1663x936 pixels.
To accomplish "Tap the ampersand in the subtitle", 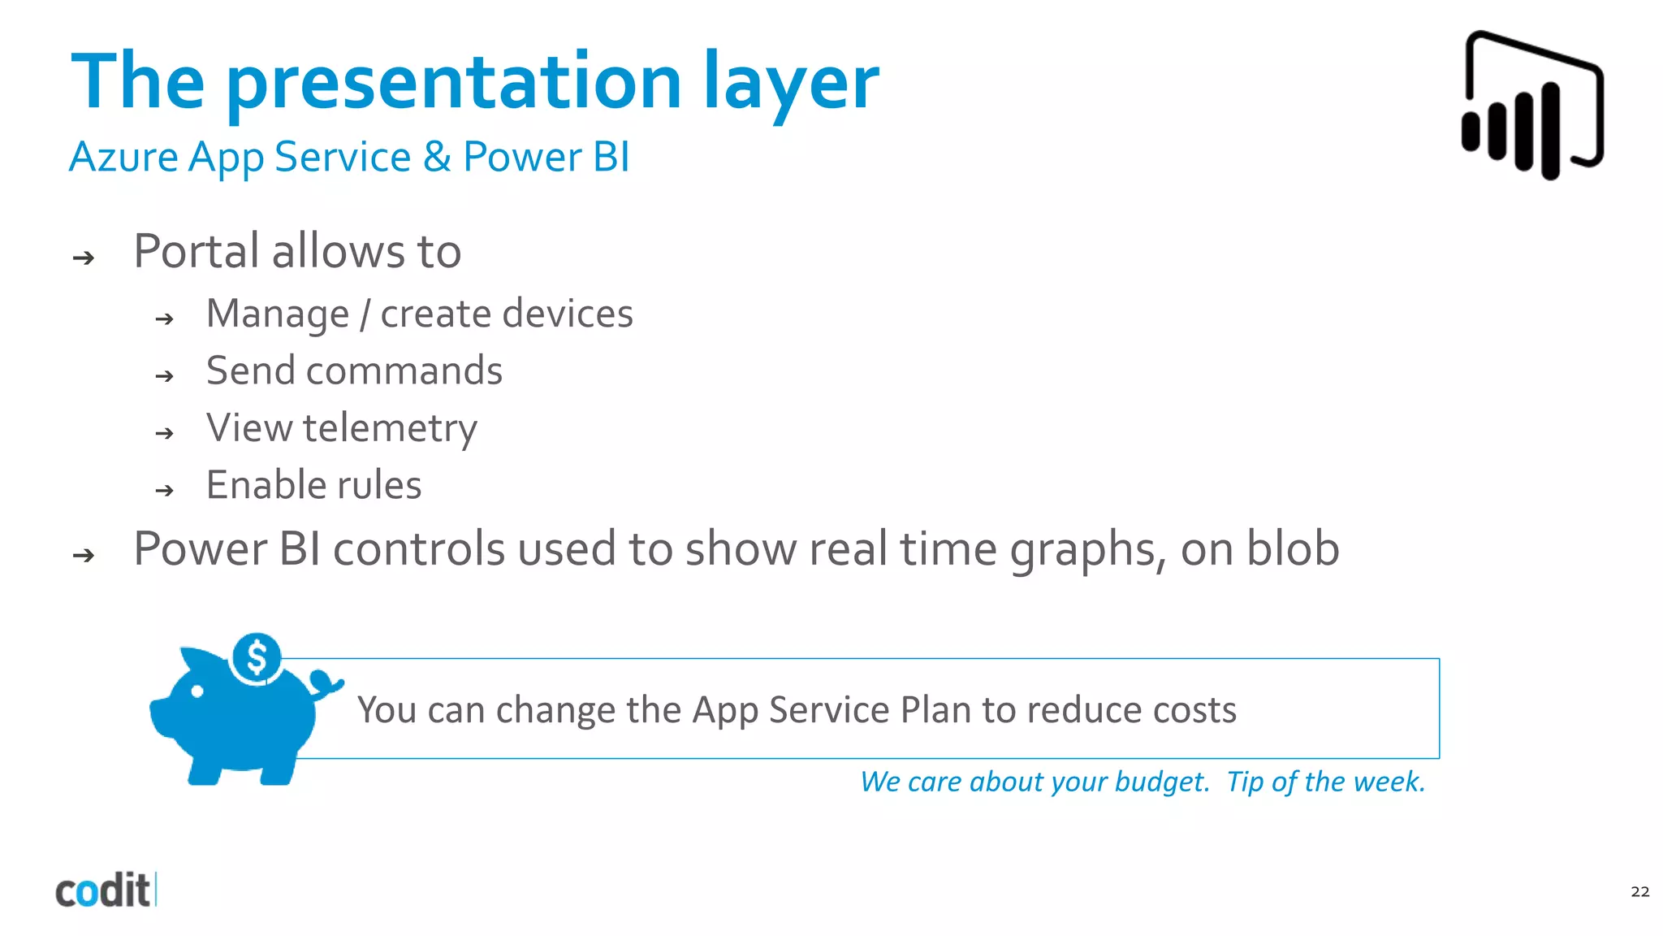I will click(437, 156).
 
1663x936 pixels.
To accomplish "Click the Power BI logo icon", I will click(1532, 106).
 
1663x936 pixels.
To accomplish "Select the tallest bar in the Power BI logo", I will click(1550, 130).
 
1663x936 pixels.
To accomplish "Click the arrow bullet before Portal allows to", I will click(84, 258).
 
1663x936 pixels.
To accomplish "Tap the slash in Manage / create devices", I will click(365, 314).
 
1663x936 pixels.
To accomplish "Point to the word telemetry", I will click(390, 429).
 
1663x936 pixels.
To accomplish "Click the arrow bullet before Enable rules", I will click(165, 490).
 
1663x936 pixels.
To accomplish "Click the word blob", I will click(1293, 548).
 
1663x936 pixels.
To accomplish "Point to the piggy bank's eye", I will click(197, 691).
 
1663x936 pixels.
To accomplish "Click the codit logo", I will click(105, 890).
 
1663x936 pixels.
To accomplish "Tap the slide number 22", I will click(1639, 891).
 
